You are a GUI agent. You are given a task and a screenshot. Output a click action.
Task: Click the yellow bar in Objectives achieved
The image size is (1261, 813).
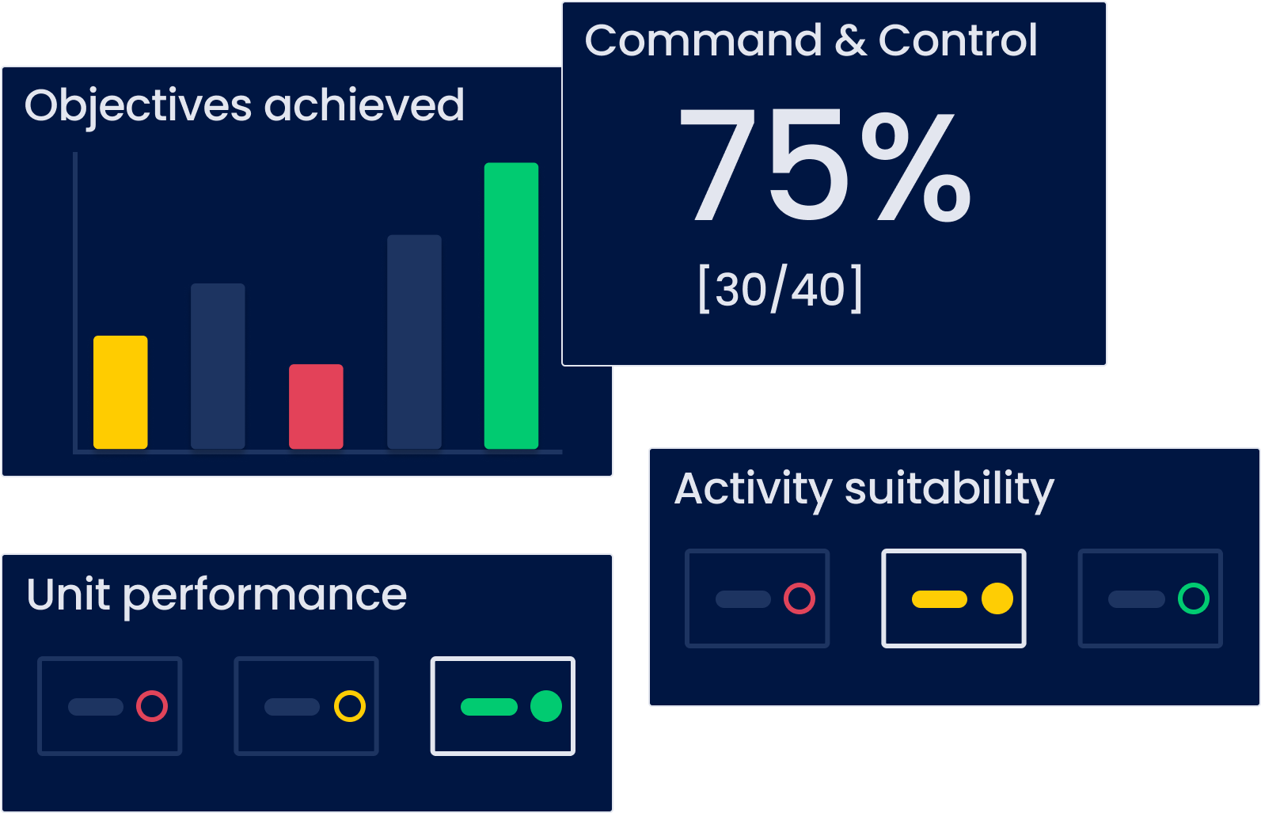click(x=120, y=392)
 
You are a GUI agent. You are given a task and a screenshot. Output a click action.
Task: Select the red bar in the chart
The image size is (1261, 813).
click(x=316, y=406)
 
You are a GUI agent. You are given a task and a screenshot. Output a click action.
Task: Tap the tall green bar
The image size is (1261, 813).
click(x=511, y=306)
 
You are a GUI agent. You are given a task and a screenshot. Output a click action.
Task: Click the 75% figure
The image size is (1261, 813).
click(x=825, y=166)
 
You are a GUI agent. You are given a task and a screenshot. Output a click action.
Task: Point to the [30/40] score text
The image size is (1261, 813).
click(x=781, y=290)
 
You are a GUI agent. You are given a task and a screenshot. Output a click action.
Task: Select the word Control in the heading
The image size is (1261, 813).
click(x=957, y=40)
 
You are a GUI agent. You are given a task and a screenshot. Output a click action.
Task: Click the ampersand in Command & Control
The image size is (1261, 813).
click(x=850, y=41)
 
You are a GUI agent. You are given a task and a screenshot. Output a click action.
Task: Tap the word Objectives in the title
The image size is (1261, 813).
click(x=138, y=107)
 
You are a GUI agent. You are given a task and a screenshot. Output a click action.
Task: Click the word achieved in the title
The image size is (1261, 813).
click(x=364, y=105)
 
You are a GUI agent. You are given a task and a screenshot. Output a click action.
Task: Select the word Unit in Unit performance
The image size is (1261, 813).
click(x=68, y=595)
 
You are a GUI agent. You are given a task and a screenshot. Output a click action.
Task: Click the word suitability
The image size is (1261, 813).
click(x=949, y=489)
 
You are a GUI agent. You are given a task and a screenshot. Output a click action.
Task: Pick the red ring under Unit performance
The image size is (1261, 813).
click(x=152, y=706)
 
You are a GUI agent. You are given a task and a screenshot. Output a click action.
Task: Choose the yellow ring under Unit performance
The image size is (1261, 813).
click(x=349, y=706)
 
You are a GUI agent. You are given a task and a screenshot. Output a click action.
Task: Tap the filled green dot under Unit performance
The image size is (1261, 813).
click(x=546, y=706)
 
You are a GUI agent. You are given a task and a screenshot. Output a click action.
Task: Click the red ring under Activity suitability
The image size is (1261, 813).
click(x=800, y=598)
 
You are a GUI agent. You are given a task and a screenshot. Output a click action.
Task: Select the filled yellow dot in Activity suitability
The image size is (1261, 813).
click(x=997, y=598)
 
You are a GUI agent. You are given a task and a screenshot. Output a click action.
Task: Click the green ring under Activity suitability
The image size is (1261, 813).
click(x=1194, y=598)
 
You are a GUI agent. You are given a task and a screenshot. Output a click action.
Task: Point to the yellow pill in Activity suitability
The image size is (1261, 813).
click(x=940, y=599)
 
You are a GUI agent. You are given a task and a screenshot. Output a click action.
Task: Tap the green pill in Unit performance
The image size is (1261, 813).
click(x=489, y=707)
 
